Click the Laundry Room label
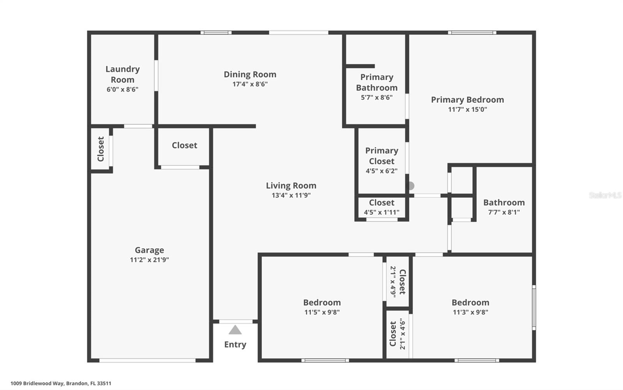[x=122, y=74]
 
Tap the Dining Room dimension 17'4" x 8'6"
[x=250, y=84]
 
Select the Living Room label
[x=291, y=186]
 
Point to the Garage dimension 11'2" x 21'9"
[x=149, y=260]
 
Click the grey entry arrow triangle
[x=235, y=330]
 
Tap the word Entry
[x=235, y=344]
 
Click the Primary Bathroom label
[x=377, y=82]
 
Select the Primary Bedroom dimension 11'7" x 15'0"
[x=467, y=109]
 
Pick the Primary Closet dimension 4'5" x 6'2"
[x=381, y=171]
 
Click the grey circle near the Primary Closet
[x=411, y=186]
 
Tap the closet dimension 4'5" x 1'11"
[x=381, y=212]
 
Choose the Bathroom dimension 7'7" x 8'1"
[x=504, y=212]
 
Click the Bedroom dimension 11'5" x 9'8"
[x=322, y=312]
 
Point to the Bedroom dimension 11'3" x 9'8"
[x=470, y=312]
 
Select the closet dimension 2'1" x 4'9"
[x=393, y=282]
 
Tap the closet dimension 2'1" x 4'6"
[x=403, y=334]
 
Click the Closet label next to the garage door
[x=101, y=149]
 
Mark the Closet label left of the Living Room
[x=184, y=145]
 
